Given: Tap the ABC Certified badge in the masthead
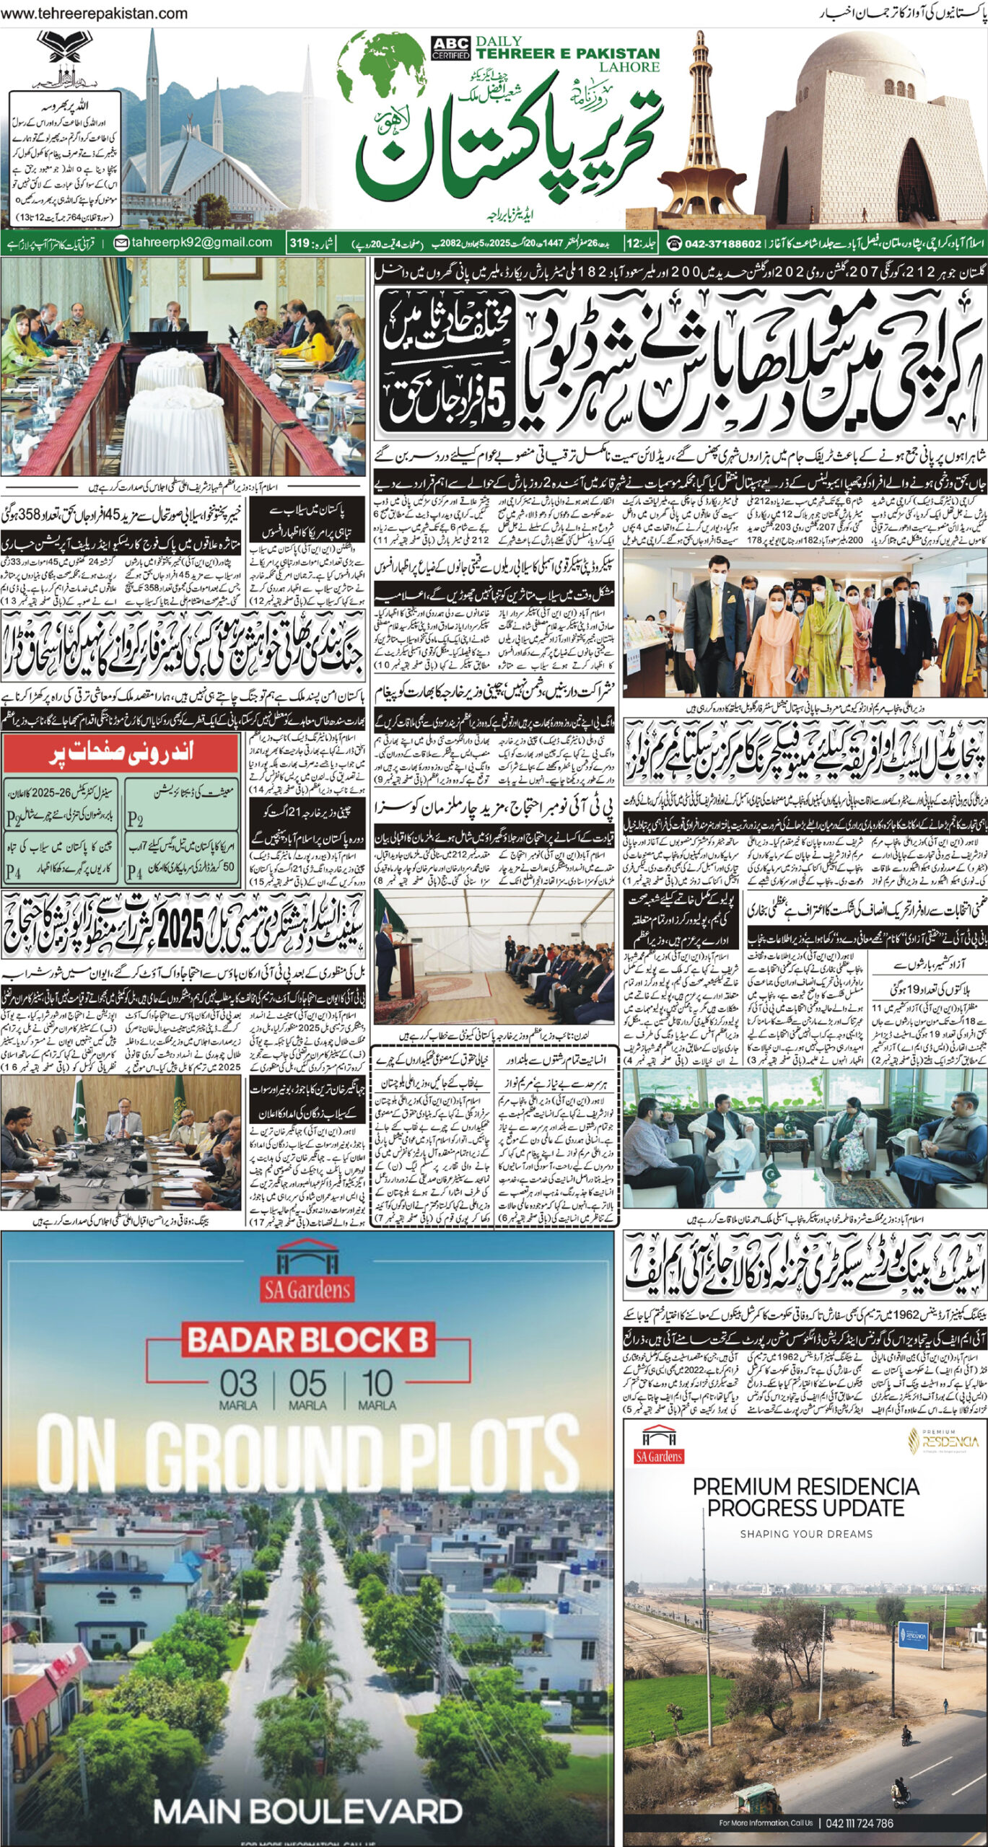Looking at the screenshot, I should point(451,48).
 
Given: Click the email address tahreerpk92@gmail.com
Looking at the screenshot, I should point(194,243).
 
